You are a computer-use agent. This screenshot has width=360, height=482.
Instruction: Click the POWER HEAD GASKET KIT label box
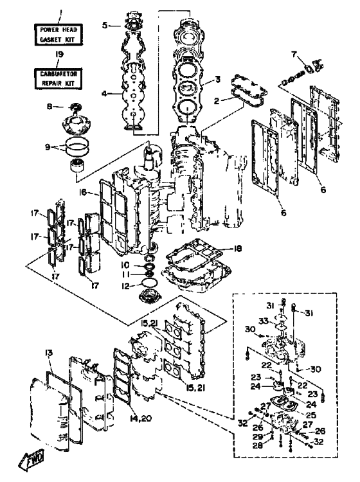point(59,35)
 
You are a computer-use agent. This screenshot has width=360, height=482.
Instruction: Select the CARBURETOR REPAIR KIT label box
point(59,78)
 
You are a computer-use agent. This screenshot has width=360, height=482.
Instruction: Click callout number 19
point(59,55)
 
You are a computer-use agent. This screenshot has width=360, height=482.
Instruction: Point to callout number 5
point(105,25)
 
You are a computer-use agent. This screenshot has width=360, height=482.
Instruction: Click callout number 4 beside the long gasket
point(105,93)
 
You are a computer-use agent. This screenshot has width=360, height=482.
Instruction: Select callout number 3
point(217,79)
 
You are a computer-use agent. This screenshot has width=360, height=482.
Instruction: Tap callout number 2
point(217,100)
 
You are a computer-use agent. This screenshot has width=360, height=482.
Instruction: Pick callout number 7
point(294,55)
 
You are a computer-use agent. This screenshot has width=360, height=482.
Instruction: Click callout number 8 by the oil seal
point(50,106)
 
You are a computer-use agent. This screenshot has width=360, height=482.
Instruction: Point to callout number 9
point(48,147)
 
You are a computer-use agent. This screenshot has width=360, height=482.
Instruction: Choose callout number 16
point(83,192)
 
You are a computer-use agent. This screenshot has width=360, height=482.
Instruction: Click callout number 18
point(237,248)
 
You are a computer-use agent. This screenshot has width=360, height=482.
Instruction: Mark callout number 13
point(49,353)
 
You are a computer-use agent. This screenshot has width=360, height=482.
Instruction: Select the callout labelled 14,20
point(141,418)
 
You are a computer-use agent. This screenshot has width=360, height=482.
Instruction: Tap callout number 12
point(125,286)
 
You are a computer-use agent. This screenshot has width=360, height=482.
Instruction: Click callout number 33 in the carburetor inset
point(264,321)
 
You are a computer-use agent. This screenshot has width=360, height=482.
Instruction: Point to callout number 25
point(311,415)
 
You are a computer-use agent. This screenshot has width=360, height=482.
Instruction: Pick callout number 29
point(258,437)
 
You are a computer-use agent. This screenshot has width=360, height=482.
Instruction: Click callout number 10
point(125,265)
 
